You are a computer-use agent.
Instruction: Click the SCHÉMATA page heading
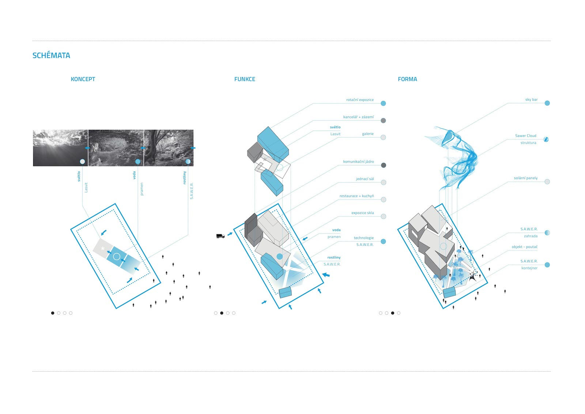pyautogui.click(x=51, y=56)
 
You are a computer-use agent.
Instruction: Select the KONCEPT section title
pyautogui.click(x=83, y=79)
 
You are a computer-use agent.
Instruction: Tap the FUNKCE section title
pyautogui.click(x=245, y=79)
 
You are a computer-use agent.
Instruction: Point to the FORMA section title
pyautogui.click(x=407, y=79)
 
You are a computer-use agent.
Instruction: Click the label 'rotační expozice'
pyautogui.click(x=360, y=100)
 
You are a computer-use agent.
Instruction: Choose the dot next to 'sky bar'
pyautogui.click(x=547, y=103)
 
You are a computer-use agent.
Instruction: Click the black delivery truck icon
pyautogui.click(x=220, y=236)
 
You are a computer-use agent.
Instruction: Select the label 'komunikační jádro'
pyautogui.click(x=358, y=161)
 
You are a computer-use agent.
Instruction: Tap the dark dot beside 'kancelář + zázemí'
pyautogui.click(x=383, y=120)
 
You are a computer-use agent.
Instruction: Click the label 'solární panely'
pyautogui.click(x=525, y=178)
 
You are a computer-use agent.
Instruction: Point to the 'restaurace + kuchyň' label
pyautogui.click(x=356, y=196)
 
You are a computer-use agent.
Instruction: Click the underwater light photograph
pyautogui.click(x=60, y=148)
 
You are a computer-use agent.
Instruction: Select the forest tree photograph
pyautogui.click(x=169, y=148)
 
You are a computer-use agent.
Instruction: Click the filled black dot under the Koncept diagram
pyautogui.click(x=53, y=313)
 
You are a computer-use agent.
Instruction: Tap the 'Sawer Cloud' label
pyautogui.click(x=525, y=136)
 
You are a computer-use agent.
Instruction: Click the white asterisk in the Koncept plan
pyautogui.click(x=103, y=249)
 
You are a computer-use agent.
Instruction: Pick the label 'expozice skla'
pyautogui.click(x=362, y=213)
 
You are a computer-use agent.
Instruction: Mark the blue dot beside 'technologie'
pyautogui.click(x=383, y=242)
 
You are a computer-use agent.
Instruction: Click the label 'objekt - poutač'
pyautogui.click(x=524, y=247)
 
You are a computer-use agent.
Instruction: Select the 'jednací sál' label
pyautogui.click(x=365, y=179)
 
